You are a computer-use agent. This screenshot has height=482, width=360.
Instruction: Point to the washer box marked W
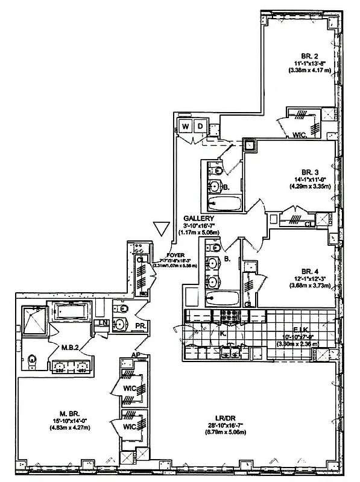click(185, 127)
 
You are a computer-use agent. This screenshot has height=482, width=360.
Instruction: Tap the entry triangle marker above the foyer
click(160, 230)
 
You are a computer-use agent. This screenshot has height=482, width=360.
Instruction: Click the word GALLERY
click(200, 218)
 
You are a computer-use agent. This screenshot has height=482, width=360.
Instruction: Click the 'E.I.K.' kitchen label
click(294, 331)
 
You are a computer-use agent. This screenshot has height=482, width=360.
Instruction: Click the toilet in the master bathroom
click(33, 360)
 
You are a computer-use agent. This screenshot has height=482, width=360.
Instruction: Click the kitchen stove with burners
click(230, 315)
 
